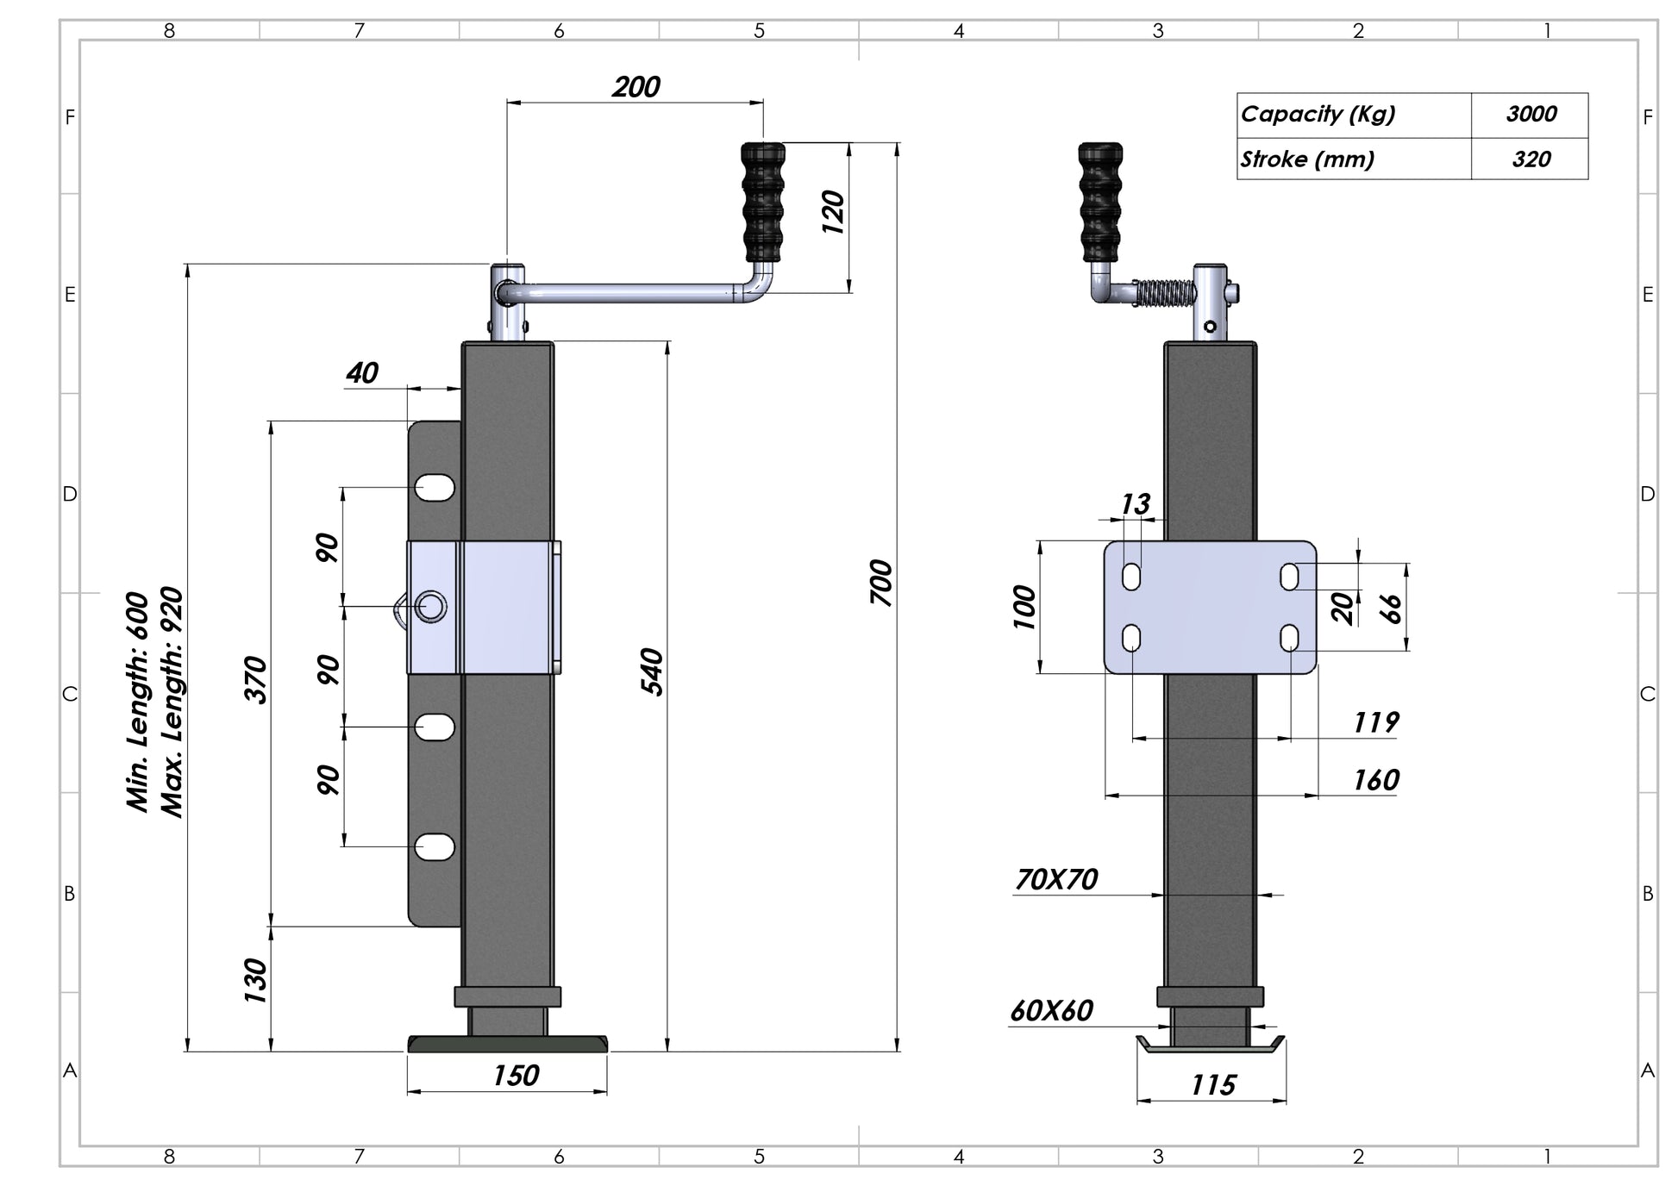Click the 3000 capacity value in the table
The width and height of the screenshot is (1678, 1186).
click(x=1531, y=115)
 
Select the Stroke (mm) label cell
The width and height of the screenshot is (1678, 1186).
click(x=1307, y=159)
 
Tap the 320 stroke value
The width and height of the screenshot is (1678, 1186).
click(x=1531, y=159)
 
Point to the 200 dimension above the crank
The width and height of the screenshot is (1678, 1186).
click(x=636, y=87)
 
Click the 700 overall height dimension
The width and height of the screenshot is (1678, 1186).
click(x=880, y=583)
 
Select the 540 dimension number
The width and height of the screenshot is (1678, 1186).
click(x=652, y=671)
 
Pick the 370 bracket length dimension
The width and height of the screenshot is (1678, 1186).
click(x=256, y=679)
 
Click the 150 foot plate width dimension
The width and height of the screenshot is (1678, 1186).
click(x=516, y=1076)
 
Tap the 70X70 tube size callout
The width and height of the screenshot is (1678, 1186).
click(x=1056, y=879)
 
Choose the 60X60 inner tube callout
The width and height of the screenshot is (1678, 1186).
click(x=1051, y=1010)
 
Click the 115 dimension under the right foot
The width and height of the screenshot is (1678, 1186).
click(x=1213, y=1085)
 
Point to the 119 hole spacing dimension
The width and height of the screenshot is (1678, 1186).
click(x=1374, y=722)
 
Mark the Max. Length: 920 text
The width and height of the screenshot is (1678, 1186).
click(x=172, y=702)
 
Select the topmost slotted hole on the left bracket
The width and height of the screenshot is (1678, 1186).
click(x=435, y=488)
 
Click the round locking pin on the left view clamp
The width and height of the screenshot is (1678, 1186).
click(x=430, y=607)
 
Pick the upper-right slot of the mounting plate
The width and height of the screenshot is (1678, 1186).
click(x=1289, y=577)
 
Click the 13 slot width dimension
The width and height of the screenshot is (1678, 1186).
click(x=1136, y=503)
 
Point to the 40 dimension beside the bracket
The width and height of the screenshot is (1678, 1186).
click(x=362, y=372)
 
